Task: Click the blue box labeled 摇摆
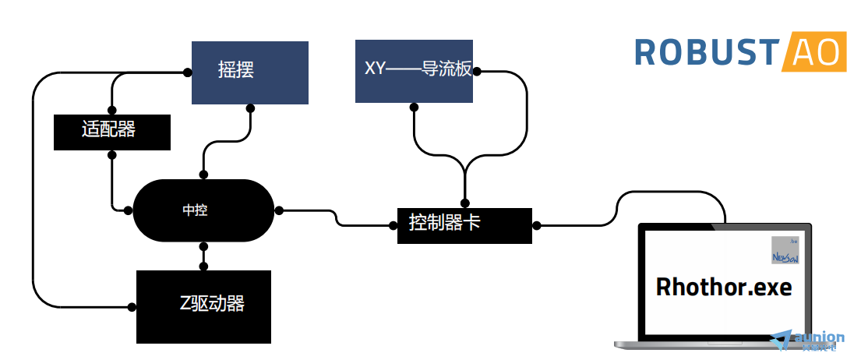(x=250, y=72)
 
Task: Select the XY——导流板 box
(x=414, y=71)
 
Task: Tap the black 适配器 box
(x=111, y=132)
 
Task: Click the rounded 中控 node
(x=203, y=210)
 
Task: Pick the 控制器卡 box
(x=464, y=225)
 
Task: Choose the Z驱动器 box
(x=203, y=306)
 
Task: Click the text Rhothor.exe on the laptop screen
(x=724, y=287)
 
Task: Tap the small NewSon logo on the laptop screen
(x=785, y=250)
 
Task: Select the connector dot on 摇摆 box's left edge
(x=188, y=72)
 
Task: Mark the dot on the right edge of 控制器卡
(x=538, y=224)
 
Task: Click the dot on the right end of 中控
(x=278, y=210)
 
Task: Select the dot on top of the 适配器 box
(x=111, y=111)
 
